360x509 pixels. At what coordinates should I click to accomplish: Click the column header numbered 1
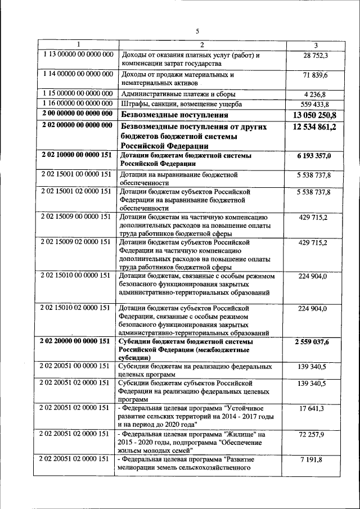(x=78, y=45)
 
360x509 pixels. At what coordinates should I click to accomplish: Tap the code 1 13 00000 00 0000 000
(x=78, y=55)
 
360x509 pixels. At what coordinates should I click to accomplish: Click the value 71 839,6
(x=316, y=75)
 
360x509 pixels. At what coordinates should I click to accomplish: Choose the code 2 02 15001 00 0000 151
(x=78, y=175)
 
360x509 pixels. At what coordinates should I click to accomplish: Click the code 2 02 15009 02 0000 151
(x=78, y=242)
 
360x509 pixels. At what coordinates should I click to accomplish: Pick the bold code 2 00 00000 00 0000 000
(x=78, y=114)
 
